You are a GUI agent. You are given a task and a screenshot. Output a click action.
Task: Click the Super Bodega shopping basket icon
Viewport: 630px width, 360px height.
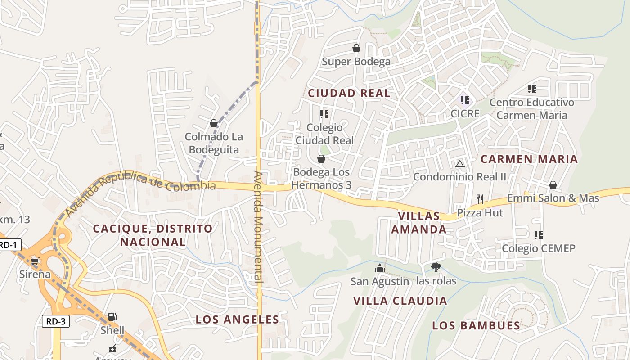pos(356,48)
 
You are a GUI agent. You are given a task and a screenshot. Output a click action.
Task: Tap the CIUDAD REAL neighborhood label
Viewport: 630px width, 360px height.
pos(349,94)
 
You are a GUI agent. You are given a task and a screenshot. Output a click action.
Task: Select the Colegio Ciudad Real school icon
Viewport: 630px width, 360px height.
pos(324,114)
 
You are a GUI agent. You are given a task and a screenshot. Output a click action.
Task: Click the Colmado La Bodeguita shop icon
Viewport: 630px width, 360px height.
pos(214,123)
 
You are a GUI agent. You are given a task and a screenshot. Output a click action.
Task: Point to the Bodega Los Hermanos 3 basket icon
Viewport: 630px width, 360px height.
pos(321,159)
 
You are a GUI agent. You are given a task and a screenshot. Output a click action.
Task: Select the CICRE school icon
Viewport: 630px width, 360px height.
pos(465,100)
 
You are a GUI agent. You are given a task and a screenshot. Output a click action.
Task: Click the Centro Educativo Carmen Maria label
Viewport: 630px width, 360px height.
pos(531,109)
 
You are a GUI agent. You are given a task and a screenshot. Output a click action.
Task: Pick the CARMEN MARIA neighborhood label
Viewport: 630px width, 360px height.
pos(529,159)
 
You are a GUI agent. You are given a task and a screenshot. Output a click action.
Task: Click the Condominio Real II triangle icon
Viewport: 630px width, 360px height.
pos(459,164)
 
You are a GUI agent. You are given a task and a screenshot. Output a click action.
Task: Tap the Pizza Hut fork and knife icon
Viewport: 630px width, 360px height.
pos(480,199)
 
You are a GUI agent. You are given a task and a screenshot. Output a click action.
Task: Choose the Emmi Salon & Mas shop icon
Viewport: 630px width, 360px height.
pos(553,185)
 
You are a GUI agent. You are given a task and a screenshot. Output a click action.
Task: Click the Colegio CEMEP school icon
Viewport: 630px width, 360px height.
pos(539,235)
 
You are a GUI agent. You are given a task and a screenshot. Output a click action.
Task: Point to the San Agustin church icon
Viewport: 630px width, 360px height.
pos(380,268)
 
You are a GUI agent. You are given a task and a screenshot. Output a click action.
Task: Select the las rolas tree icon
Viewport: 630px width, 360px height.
pos(436,267)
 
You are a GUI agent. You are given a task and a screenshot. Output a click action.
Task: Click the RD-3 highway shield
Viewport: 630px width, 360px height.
pos(56,321)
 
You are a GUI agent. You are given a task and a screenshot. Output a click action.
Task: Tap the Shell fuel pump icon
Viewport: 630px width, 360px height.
pos(112,317)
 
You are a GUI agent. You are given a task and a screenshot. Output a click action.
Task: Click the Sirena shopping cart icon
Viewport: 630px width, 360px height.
pos(35,261)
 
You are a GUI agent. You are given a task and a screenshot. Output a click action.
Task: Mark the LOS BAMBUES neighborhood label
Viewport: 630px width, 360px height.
pos(476,326)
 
